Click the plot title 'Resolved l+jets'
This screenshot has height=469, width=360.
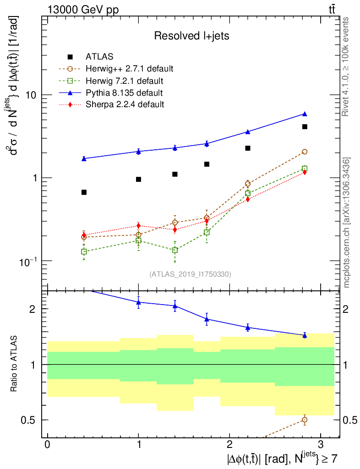(x=191, y=36)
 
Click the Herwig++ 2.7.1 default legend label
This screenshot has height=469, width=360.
(x=129, y=69)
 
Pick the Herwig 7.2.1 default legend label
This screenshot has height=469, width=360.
(x=125, y=81)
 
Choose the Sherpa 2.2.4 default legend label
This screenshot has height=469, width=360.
(x=125, y=104)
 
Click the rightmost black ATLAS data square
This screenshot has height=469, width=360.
(x=305, y=127)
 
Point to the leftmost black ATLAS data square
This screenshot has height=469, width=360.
(x=84, y=192)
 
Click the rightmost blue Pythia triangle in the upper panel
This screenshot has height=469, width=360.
(x=305, y=114)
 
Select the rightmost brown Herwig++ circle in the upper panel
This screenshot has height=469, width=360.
(x=305, y=152)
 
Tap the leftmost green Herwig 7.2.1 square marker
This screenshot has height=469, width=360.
(x=84, y=251)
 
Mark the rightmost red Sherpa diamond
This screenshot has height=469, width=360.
(x=305, y=172)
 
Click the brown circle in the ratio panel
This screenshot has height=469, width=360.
(x=305, y=420)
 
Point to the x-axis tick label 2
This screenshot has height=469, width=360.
(x=229, y=445)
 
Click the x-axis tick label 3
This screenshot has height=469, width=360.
(x=320, y=445)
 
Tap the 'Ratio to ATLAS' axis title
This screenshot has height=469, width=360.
(x=15, y=365)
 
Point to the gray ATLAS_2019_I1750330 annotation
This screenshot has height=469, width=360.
(x=190, y=274)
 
